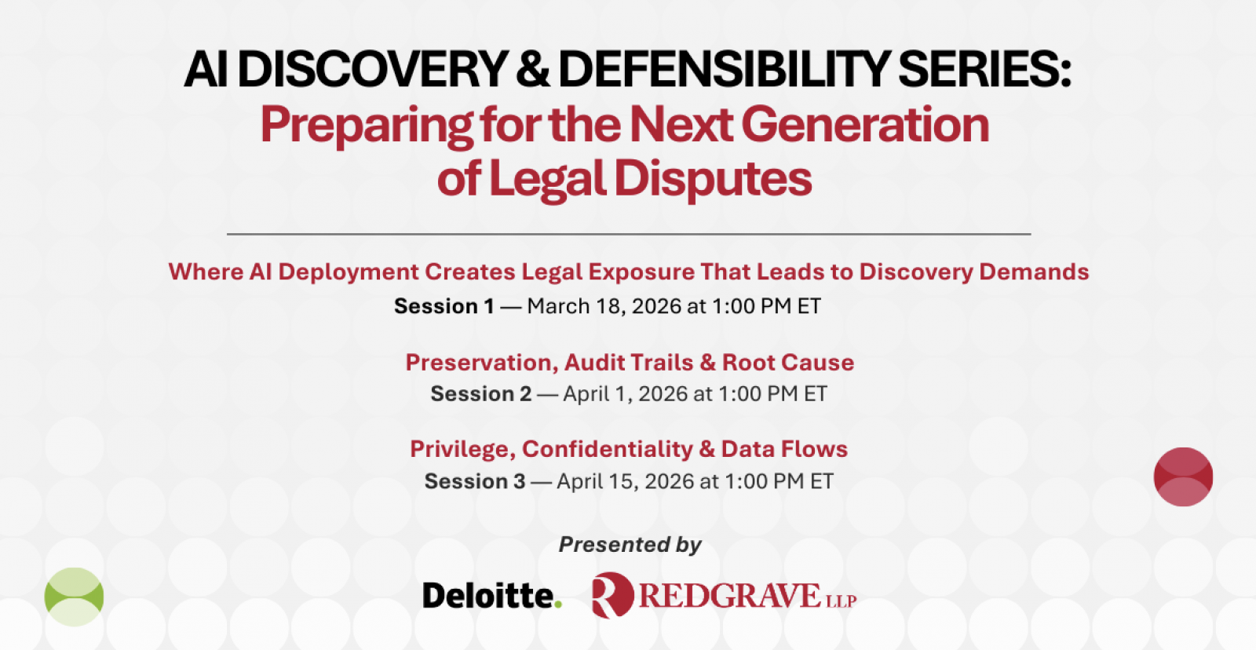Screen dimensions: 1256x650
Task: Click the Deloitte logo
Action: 491,595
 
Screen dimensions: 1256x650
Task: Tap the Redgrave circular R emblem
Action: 612,595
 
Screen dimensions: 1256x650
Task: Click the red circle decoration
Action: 1183,477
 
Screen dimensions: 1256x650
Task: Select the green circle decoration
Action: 74,597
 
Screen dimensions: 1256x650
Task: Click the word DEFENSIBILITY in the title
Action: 724,69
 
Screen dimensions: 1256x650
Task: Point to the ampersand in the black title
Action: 533,69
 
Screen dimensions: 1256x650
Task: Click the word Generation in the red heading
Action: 865,125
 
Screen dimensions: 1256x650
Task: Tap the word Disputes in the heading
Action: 713,179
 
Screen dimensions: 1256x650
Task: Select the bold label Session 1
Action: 444,306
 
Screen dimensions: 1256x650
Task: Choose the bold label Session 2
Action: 480,394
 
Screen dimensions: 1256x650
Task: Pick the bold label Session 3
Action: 475,481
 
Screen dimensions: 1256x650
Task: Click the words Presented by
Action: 630,545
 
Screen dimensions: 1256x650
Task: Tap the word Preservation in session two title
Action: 482,363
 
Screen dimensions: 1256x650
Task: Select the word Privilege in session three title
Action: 462,450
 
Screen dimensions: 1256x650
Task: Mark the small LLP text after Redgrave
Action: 841,601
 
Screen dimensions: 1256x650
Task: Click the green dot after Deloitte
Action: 557,604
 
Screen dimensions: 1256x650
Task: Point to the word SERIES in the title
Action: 984,69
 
